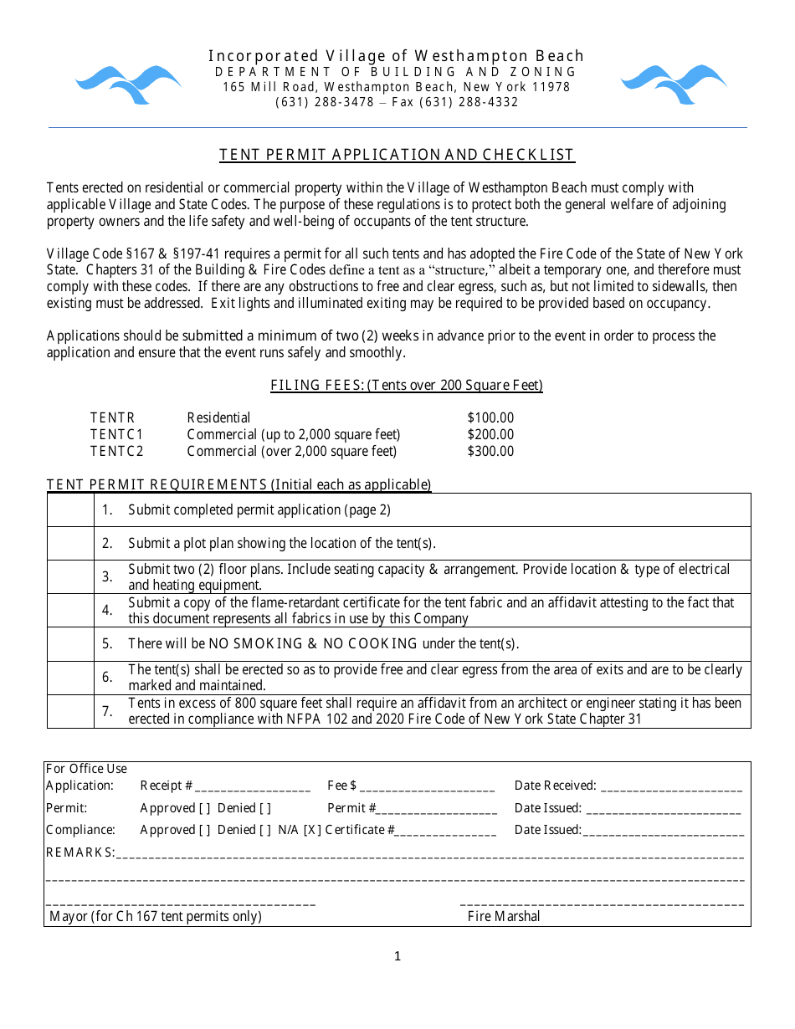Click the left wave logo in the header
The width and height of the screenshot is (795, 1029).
click(x=128, y=84)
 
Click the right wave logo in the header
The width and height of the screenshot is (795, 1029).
click(x=674, y=84)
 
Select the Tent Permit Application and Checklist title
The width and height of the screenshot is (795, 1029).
click(x=397, y=155)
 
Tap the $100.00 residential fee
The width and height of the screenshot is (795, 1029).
click(x=490, y=417)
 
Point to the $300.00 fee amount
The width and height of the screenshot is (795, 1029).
click(x=490, y=451)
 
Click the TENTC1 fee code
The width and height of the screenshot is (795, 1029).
click(x=117, y=434)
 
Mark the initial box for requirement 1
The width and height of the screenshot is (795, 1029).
click(x=70, y=509)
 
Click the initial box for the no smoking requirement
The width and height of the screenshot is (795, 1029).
click(x=70, y=643)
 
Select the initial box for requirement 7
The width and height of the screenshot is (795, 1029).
click(x=70, y=711)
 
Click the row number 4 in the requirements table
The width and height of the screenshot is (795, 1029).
click(x=107, y=610)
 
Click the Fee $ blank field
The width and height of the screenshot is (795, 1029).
click(x=428, y=787)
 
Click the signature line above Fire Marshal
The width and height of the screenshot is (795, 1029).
click(x=602, y=903)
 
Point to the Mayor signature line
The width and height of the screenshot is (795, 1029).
click(x=181, y=903)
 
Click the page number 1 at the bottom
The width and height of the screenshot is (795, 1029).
click(x=397, y=956)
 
